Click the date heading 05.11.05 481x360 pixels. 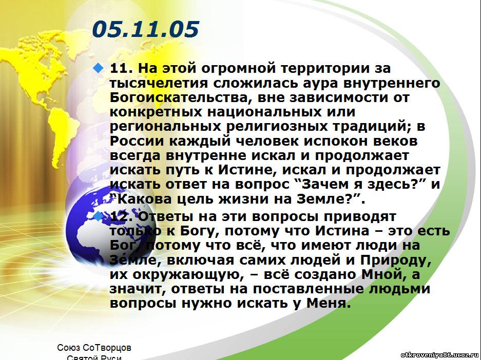(x=145, y=29)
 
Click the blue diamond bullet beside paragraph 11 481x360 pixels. (x=98, y=68)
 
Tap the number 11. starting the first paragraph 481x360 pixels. (x=121, y=68)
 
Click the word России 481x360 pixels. (x=137, y=141)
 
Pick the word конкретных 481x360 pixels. (x=156, y=112)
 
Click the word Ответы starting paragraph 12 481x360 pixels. (x=166, y=216)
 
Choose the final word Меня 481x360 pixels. (x=328, y=303)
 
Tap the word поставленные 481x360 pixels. (x=308, y=289)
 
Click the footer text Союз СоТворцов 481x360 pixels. (x=94, y=348)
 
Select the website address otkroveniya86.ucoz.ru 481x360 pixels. (x=439, y=355)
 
